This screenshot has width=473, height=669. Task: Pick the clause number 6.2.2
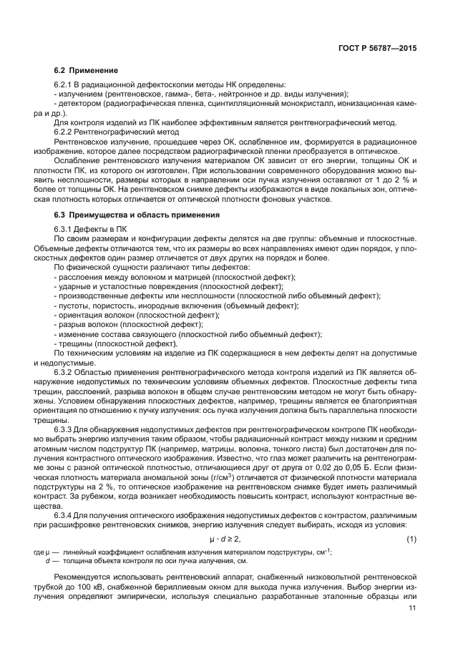click(x=66, y=133)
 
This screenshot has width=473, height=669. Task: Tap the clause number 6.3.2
click(x=66, y=373)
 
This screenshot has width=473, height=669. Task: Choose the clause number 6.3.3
click(x=66, y=428)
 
